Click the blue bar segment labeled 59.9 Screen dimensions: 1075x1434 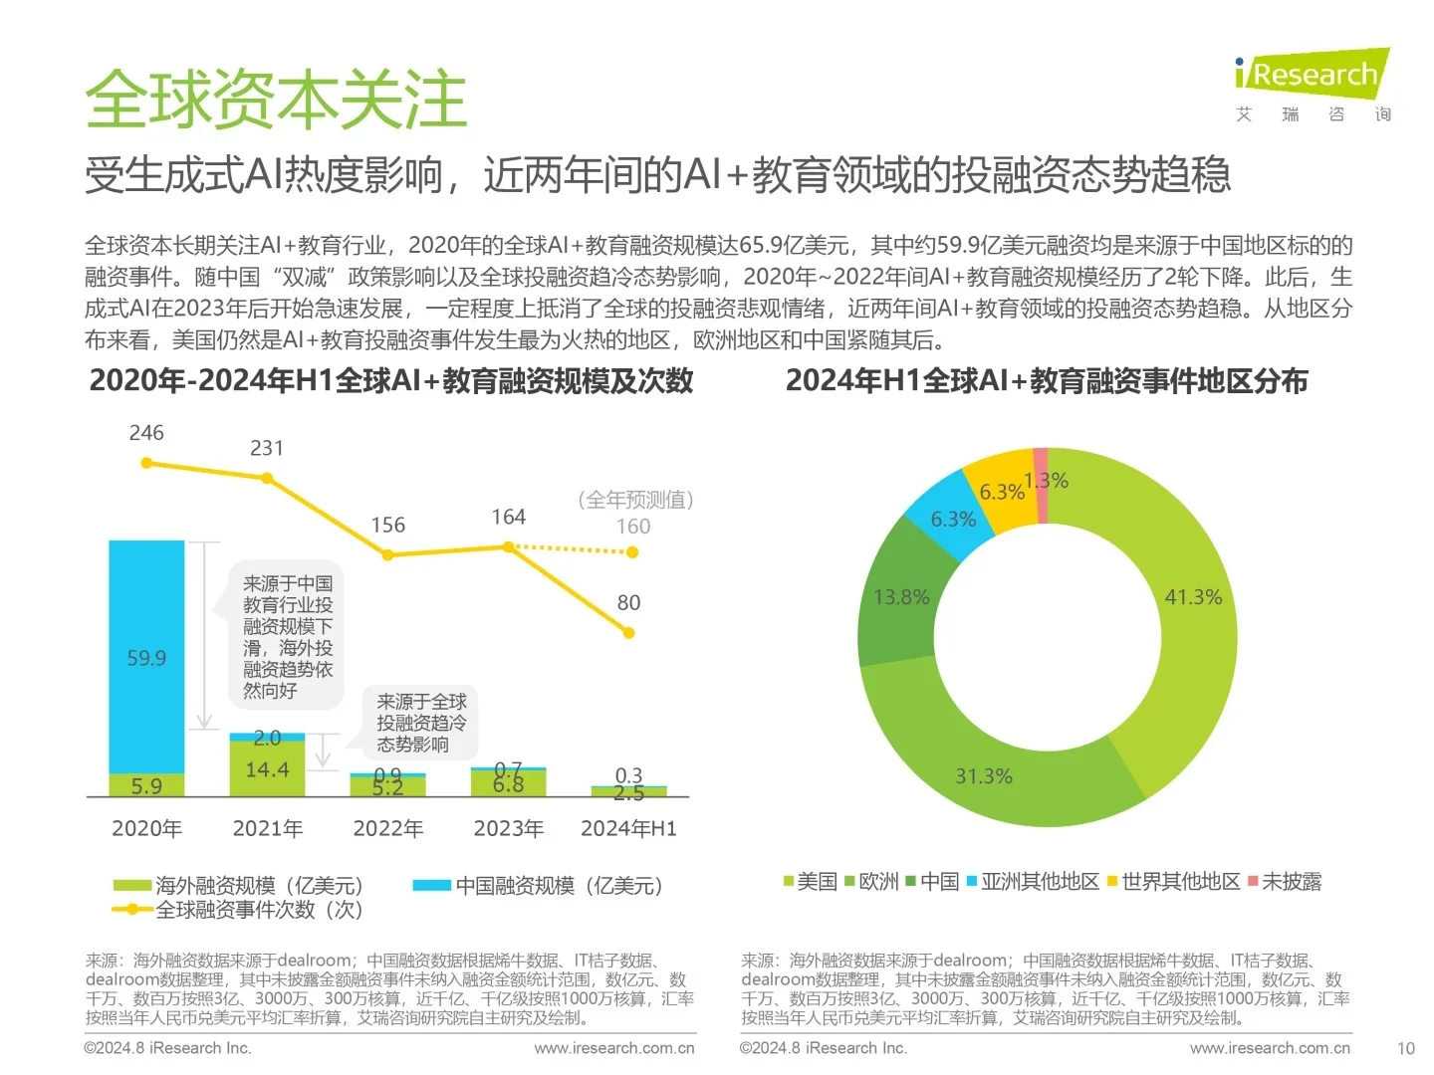click(x=146, y=657)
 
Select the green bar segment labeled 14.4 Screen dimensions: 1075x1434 click(x=267, y=769)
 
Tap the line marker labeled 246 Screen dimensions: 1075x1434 click(x=146, y=463)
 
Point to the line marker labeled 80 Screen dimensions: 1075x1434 click(x=628, y=632)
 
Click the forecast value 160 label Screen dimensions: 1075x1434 click(x=633, y=527)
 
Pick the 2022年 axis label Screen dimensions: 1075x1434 click(x=387, y=828)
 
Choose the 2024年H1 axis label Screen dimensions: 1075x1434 click(x=628, y=828)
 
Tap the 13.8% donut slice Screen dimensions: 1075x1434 click(x=900, y=597)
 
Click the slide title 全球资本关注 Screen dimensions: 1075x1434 click(x=276, y=100)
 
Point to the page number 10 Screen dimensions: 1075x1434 click(x=1405, y=1048)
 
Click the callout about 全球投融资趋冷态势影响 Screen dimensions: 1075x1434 click(x=420, y=723)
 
